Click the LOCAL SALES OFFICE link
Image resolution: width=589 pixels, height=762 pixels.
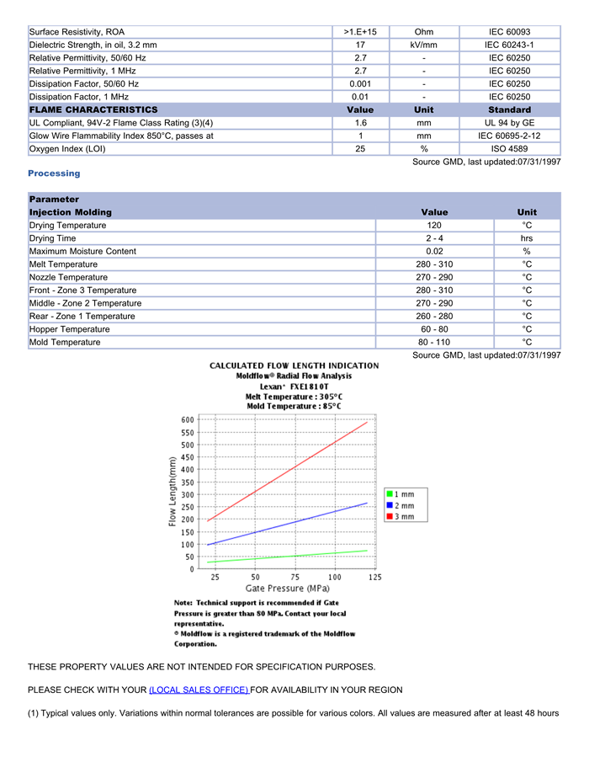199,690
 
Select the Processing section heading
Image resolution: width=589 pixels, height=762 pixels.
54,173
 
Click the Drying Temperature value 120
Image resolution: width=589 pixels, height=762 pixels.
434,226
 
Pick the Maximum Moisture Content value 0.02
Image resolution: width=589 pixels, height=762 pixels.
434,252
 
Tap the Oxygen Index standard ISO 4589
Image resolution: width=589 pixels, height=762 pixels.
510,149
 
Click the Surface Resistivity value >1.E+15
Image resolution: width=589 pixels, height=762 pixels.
360,32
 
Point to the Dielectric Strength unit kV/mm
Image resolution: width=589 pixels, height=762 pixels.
424,45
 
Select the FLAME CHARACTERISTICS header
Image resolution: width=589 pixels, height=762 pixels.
93,110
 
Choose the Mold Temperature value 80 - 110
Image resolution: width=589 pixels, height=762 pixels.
434,343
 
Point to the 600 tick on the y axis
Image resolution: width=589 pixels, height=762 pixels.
187,419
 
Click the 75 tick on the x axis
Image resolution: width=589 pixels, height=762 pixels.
294,577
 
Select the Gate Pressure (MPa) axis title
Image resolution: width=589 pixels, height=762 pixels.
288,588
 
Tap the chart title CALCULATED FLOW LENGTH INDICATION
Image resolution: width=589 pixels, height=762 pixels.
294,365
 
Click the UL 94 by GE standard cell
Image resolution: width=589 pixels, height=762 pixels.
510,123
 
